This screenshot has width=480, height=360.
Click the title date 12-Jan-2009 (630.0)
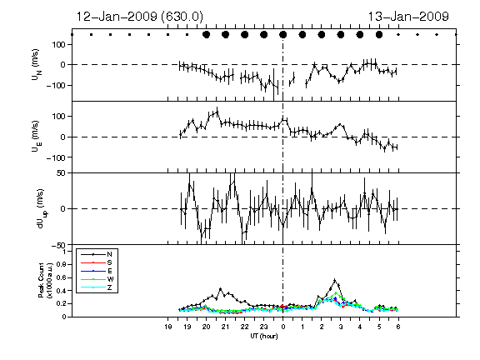[139, 17]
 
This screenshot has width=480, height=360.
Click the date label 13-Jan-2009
[408, 17]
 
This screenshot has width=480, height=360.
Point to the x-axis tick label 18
[167, 327]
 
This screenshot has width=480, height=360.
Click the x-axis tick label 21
[225, 327]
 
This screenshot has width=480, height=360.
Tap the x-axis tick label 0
[282, 327]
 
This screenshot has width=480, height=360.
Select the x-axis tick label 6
[398, 327]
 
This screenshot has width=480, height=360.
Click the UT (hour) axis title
[264, 336]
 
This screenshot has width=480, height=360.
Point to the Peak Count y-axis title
[45, 280]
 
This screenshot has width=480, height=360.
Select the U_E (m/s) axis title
[37, 136]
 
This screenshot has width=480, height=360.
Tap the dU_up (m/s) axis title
[42, 209]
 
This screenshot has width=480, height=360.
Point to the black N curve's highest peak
[335, 279]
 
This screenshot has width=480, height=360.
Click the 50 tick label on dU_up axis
[62, 173]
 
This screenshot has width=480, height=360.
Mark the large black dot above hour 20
[207, 35]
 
